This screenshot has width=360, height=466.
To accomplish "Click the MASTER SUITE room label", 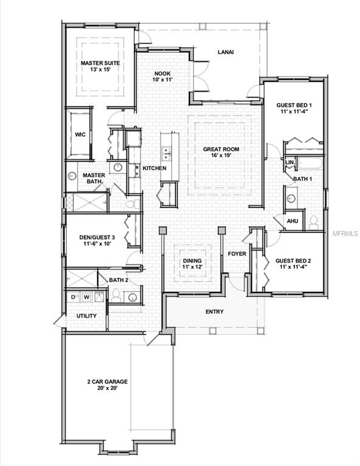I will pos(100,66).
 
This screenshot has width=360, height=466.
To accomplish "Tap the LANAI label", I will pos(226,52).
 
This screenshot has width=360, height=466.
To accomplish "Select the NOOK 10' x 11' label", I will pos(161,76).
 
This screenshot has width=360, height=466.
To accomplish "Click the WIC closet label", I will pos(80,135).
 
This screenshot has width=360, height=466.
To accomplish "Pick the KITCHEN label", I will pos(154,168).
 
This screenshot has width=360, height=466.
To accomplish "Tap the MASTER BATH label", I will pos(94,178).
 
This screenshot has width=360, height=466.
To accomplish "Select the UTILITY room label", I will pos(86,316).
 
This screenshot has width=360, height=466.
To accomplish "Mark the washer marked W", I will pos(86,297).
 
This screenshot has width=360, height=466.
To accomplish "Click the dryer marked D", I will pos(73,297).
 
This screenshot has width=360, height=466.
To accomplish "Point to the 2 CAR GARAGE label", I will pos(106,385).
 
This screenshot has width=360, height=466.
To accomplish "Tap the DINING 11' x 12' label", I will pos(192,263).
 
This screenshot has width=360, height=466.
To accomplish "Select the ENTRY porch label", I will pos(214,312).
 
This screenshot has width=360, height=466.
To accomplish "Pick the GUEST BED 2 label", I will pos(293,262).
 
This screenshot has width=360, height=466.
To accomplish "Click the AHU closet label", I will pos(292,221).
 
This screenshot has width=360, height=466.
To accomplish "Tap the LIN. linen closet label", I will pos(290,163).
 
